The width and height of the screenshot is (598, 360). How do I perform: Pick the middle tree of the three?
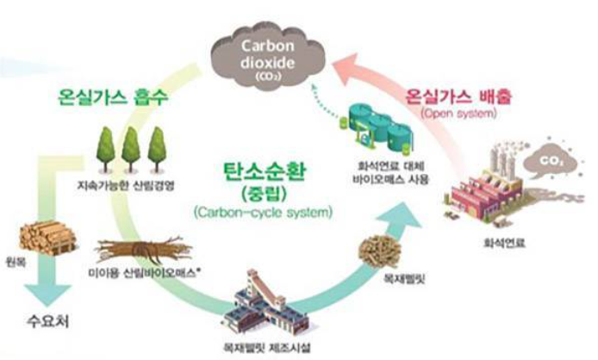[131, 148]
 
